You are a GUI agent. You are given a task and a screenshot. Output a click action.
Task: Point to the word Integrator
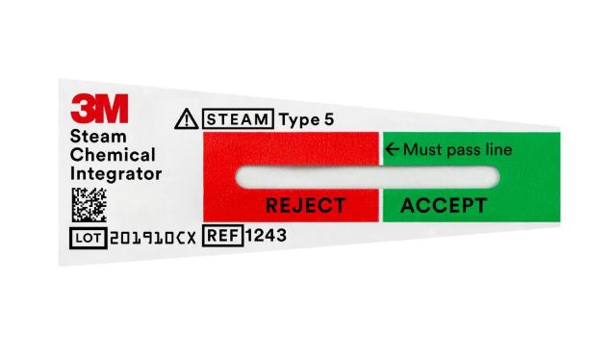(x=115, y=174)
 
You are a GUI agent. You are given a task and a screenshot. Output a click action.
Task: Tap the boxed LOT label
(x=89, y=237)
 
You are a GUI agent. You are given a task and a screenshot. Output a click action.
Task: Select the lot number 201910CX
(x=153, y=237)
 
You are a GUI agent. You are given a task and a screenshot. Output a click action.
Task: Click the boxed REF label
(x=223, y=235)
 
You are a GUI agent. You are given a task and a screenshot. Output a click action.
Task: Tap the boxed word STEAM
(x=237, y=120)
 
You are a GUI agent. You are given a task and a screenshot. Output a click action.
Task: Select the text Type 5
(x=305, y=120)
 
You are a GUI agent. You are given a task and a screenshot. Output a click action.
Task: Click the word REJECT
(x=305, y=205)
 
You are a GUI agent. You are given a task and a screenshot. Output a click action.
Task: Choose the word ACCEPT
(x=443, y=205)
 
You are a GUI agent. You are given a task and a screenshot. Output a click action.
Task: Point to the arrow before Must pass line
(x=392, y=149)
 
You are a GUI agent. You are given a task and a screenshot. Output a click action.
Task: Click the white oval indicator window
(x=367, y=177)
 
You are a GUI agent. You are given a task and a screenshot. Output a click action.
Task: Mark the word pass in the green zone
(x=461, y=150)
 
